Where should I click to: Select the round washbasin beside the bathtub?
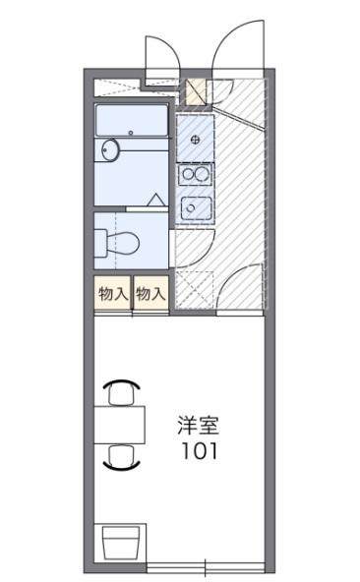tap(109, 150)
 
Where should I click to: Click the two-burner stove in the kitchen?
tap(194, 175)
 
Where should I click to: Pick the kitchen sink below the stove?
tap(194, 207)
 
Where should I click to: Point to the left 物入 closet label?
tap(112, 293)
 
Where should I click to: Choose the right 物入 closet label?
tap(150, 293)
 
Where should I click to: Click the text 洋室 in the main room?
tap(198, 427)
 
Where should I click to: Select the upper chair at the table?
tap(120, 391)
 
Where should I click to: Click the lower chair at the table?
tap(120, 456)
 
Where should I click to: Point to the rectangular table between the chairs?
tap(120, 424)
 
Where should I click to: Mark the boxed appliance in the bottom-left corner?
tap(122, 544)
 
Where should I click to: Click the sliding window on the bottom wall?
tap(206, 567)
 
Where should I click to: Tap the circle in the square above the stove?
tap(197, 139)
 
